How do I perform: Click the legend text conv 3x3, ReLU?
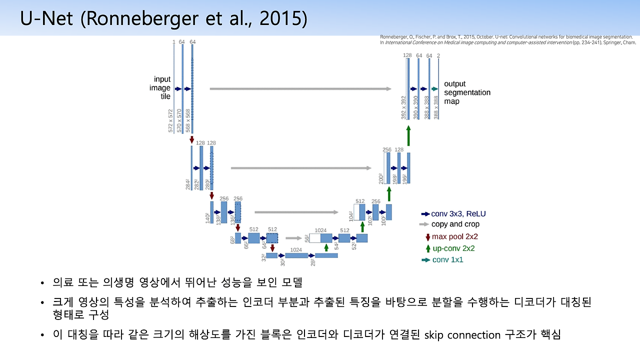pyautogui.click(x=458, y=213)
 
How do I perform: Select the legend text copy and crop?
pyautogui.click(x=455, y=224)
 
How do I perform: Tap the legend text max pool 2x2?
pyautogui.click(x=455, y=236)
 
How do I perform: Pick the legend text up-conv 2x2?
pyautogui.click(x=453, y=248)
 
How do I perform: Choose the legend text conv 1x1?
pyautogui.click(x=447, y=260)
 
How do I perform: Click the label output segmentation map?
pyautogui.click(x=467, y=92)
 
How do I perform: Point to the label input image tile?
pyautogui.click(x=162, y=88)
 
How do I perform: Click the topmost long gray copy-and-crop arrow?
pyautogui.click(x=300, y=88)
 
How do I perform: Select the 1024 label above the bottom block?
pyautogui.click(x=296, y=249)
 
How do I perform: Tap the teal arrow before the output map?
pyautogui.click(x=434, y=88)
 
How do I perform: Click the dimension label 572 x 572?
pyautogui.click(x=171, y=120)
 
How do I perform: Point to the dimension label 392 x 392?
pyautogui.click(x=404, y=108)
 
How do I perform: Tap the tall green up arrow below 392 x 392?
pyautogui.click(x=408, y=135)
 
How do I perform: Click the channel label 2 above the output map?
pyautogui.click(x=438, y=55)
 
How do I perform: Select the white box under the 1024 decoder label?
pyautogui.click(x=315, y=238)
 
